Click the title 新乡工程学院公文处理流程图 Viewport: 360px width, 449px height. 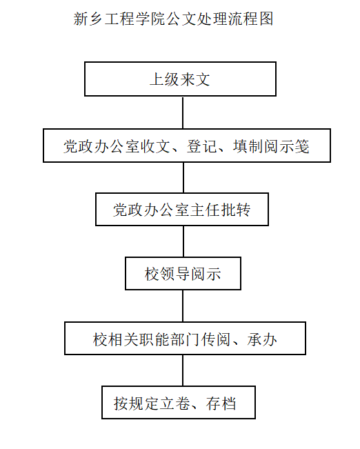coord(173,19)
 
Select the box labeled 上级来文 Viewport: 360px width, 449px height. coord(180,79)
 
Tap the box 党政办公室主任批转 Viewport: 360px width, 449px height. coord(182,209)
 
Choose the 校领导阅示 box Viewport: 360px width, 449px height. coord(183,273)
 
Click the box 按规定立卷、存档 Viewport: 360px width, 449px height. coord(179,402)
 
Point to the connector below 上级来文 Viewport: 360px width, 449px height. coord(183,112)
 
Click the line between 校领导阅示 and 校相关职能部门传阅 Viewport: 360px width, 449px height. coord(183,306)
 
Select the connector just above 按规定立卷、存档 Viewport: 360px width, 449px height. coord(183,370)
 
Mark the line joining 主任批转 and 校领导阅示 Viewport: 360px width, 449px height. coord(183,241)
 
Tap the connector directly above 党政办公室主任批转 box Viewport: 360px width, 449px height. coord(183,177)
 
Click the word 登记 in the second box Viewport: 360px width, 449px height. coord(202,146)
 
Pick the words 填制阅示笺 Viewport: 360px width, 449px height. coord(271,146)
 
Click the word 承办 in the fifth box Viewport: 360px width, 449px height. coord(262,339)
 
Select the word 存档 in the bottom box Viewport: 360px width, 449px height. coord(221,403)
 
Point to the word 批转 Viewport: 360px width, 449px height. coord(235,210)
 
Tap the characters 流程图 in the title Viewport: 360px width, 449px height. coord(250,19)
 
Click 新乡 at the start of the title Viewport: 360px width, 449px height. coord(88,19)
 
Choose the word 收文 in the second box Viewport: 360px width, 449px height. coord(155,146)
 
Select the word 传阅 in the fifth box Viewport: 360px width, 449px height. coord(216,339)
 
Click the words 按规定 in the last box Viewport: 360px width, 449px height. coord(137,403)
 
